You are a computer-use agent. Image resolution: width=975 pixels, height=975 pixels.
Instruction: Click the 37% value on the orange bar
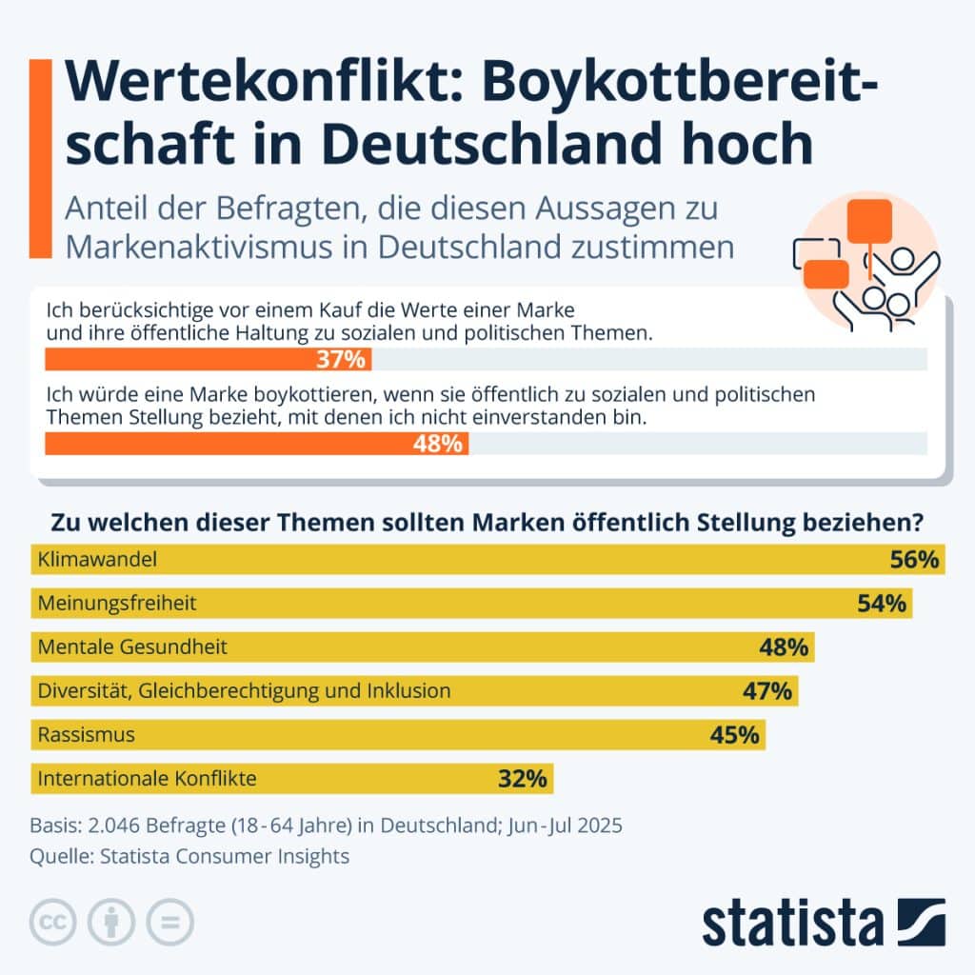[340, 360]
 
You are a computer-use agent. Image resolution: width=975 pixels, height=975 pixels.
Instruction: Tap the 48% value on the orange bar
[438, 444]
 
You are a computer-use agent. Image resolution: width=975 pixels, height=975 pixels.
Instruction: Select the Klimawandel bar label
[96, 560]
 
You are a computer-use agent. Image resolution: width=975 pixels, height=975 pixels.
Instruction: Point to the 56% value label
[914, 560]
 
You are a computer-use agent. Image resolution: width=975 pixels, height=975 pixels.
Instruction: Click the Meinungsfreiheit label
[117, 604]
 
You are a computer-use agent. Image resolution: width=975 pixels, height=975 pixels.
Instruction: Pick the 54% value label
[881, 604]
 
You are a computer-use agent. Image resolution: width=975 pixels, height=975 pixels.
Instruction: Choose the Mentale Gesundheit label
[132, 647]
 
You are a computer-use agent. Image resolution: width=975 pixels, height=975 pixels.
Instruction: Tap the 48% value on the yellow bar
[784, 647]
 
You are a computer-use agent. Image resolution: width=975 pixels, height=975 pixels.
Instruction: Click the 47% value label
[767, 691]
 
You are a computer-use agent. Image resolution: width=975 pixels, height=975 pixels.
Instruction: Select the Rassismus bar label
[86, 735]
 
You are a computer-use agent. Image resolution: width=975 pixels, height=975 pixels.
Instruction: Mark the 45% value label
[734, 735]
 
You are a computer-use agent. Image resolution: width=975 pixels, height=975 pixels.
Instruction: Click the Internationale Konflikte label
[147, 779]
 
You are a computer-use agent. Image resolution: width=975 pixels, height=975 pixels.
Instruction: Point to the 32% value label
[523, 779]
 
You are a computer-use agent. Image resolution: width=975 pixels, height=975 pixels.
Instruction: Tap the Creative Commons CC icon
[54, 922]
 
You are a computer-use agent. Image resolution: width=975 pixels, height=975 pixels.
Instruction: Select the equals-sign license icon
[169, 922]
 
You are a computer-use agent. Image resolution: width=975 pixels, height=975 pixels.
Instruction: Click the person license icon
[111, 922]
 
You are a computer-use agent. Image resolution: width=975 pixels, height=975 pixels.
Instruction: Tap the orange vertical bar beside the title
[40, 157]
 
